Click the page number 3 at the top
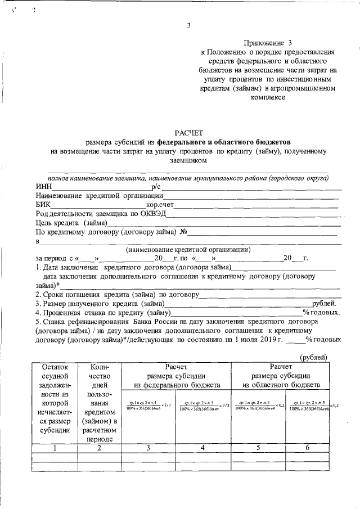[x=188, y=25]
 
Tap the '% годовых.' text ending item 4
[x=321, y=312]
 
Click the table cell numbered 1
[x=55, y=448]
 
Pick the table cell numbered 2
[x=100, y=448]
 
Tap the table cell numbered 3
[x=148, y=448]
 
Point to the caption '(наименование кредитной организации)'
[x=188, y=249]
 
